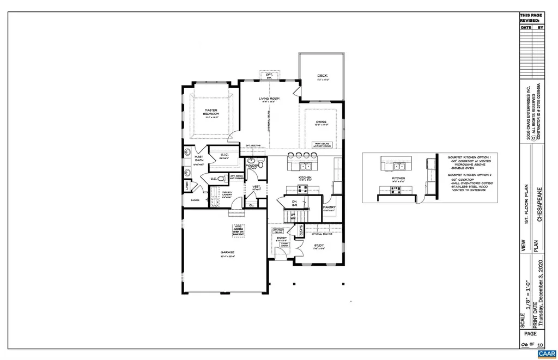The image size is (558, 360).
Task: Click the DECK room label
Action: (x=322, y=76)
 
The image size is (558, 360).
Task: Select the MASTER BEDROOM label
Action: (x=211, y=112)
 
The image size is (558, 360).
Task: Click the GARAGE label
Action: (x=227, y=252)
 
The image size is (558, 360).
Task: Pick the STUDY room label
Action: (x=319, y=246)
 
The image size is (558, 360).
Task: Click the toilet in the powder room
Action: (x=260, y=164)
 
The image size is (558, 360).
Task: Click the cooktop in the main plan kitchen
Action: (x=303, y=190)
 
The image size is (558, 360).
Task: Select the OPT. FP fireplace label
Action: (x=269, y=75)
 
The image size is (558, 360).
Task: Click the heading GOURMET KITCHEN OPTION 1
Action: (x=469, y=156)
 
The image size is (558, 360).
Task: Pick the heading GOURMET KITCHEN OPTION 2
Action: (x=469, y=175)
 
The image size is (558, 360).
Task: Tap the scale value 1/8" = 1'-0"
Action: (x=527, y=298)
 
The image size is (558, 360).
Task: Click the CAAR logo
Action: (x=545, y=353)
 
